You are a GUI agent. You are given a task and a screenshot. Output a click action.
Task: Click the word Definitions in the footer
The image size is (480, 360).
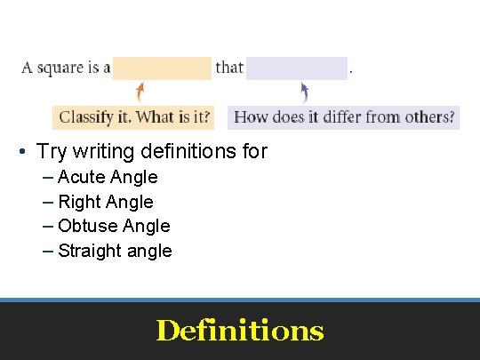240,331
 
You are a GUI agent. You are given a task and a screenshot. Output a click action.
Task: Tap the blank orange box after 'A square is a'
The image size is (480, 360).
162,68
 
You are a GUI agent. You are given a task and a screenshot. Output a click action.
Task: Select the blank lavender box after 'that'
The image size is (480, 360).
296,68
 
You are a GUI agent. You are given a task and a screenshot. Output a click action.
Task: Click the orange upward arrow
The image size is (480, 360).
140,92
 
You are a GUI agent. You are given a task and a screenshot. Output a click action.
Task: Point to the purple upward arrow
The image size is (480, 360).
304,92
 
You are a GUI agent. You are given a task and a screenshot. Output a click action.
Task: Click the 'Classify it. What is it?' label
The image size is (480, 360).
135,117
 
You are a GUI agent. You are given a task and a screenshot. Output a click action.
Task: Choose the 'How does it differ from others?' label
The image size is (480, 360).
344,117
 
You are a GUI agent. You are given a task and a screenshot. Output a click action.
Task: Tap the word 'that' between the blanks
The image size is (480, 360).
229,68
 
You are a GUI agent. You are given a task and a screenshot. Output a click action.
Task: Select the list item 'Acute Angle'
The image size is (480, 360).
107,177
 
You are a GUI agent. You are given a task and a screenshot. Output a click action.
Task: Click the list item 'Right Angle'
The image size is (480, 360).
105,202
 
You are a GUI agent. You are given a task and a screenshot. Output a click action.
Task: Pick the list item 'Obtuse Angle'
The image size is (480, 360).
113,226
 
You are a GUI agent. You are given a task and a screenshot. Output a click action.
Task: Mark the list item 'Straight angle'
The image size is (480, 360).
115,251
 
